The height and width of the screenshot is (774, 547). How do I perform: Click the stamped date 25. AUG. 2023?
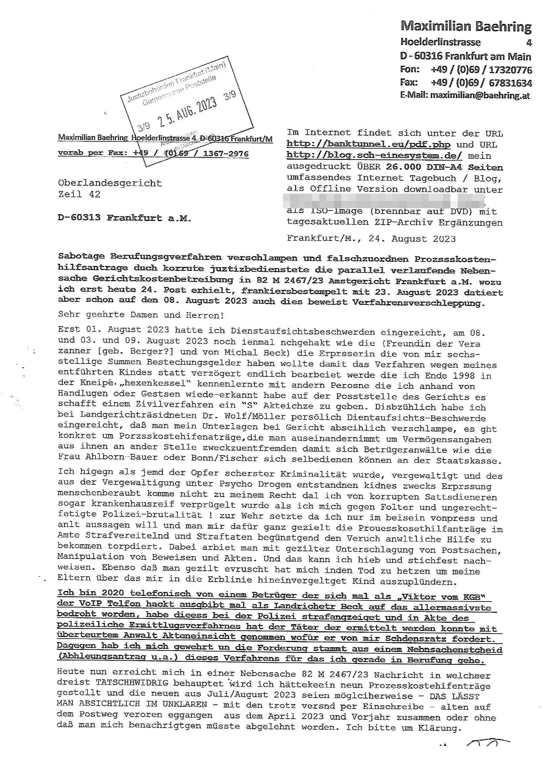coord(187,113)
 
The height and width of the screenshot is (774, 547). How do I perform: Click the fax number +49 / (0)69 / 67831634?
coord(481,82)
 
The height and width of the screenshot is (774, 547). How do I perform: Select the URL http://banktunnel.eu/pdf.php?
coord(368,145)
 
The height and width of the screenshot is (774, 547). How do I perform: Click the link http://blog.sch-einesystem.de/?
coord(375,156)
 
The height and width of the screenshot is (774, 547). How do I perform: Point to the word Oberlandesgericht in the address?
coord(110,183)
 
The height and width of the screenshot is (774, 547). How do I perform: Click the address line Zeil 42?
coord(79,194)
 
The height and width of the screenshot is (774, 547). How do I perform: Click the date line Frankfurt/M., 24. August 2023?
coord(371,239)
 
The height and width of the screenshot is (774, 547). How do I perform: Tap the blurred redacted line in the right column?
coord(384,200)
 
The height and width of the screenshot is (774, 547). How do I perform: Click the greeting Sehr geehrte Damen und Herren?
coord(141,315)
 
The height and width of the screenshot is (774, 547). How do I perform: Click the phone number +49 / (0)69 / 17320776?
coord(481,70)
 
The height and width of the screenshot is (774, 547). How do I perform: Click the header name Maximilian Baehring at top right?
coord(466,26)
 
